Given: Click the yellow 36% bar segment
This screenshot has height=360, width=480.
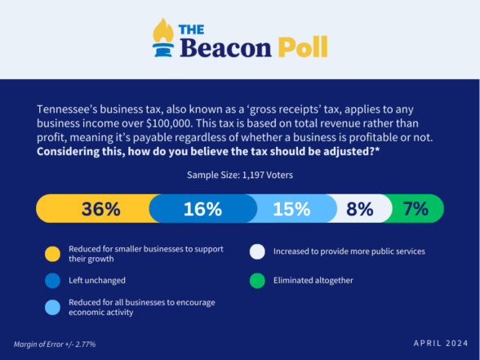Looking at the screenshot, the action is [x=95, y=208].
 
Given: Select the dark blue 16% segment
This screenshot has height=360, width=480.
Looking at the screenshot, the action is [x=203, y=208].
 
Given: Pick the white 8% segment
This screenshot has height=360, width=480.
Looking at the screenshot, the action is [x=361, y=208].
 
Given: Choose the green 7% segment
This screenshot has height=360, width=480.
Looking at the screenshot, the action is [x=416, y=208].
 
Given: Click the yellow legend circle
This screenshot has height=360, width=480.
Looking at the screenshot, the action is [x=52, y=254].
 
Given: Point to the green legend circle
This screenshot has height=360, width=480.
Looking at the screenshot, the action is [x=257, y=281].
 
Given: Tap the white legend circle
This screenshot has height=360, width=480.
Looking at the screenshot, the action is [x=257, y=251].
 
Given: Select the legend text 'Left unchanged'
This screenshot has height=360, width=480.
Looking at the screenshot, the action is [x=97, y=281].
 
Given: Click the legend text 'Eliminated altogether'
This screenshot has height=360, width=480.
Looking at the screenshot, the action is [x=313, y=281].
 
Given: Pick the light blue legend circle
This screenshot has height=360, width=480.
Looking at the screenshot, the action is [x=52, y=307].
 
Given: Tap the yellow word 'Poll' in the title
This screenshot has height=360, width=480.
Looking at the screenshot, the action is [x=303, y=47].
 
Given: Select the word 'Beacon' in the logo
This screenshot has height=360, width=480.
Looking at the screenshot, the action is [x=225, y=47].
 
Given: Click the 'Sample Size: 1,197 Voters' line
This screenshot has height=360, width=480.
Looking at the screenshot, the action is [x=240, y=175].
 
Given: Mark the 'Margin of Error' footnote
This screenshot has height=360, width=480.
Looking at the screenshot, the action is [x=55, y=344].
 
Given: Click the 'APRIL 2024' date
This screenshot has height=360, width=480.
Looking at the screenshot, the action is [x=441, y=343].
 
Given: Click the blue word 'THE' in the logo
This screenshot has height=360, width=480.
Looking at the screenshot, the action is [x=191, y=29].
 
